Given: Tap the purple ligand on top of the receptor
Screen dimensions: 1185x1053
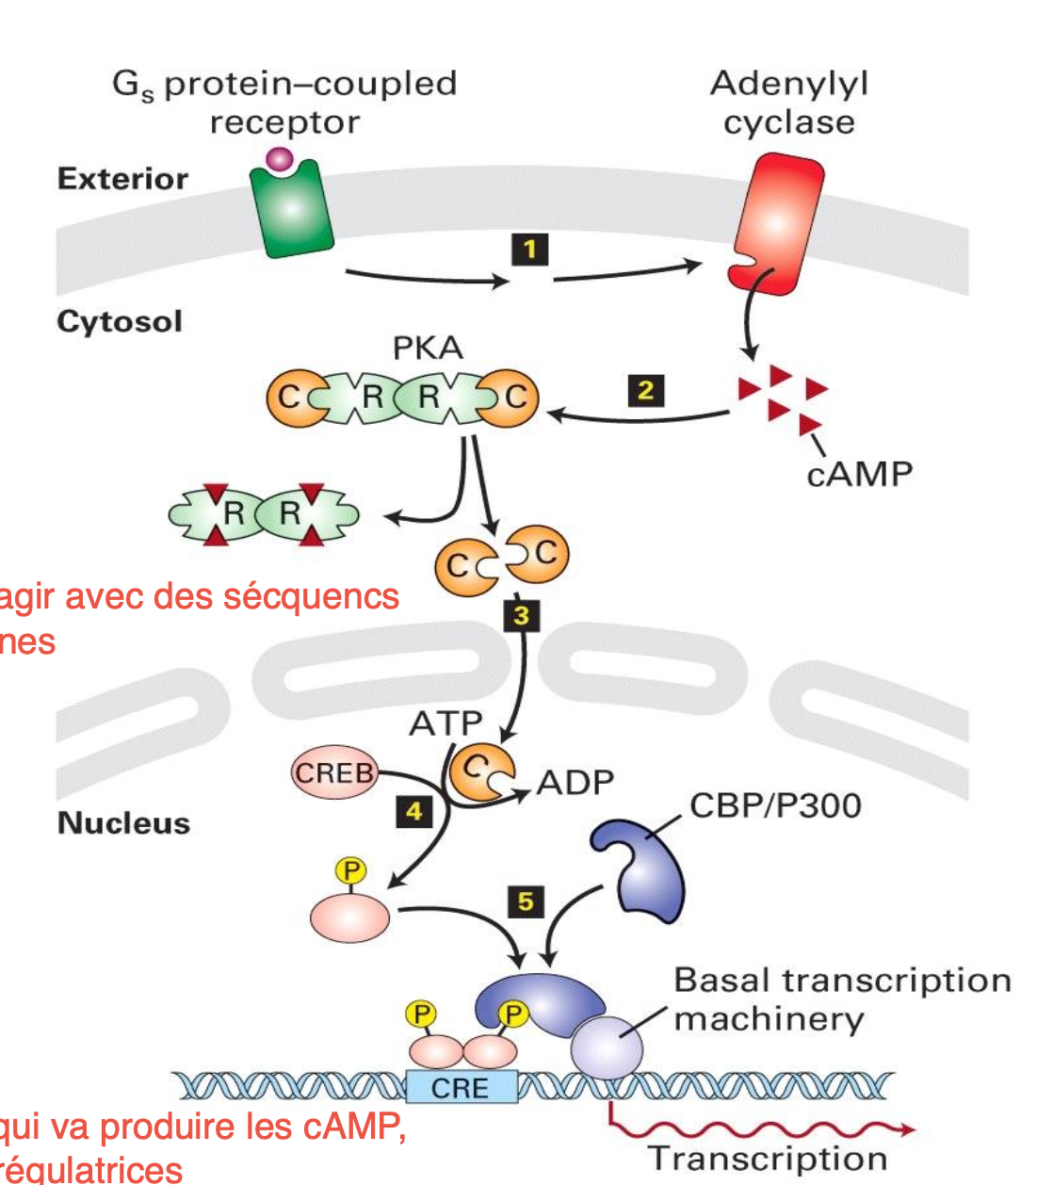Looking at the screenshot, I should tap(280, 159).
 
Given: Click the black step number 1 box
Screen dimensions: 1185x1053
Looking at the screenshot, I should tap(529, 250).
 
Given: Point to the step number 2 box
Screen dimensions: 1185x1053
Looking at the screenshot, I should tap(646, 390).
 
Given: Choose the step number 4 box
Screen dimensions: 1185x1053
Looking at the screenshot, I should tap(413, 811).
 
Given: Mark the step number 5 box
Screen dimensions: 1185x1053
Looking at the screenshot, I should tap(526, 901).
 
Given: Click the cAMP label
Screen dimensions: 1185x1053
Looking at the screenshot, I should tap(859, 474).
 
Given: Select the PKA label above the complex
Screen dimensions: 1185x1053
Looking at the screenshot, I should tap(428, 349).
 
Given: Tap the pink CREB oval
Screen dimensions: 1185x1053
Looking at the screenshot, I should tap(334, 773).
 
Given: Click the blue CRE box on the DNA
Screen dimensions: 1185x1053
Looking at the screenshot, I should tap(461, 1087).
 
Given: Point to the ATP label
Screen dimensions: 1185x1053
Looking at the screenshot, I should tap(445, 723).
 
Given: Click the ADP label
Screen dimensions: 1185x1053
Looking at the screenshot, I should tap(575, 782).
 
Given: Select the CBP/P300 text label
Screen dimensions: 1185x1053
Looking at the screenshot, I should tap(775, 805).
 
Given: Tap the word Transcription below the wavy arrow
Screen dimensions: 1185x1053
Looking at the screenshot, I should tap(767, 1158).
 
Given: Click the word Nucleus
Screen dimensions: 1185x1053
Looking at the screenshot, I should tap(123, 823).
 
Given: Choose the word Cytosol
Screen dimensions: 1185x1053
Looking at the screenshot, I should tap(120, 321).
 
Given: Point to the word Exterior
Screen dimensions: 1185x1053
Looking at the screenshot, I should tap(122, 179).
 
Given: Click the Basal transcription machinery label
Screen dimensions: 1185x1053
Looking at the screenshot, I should tap(842, 999).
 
